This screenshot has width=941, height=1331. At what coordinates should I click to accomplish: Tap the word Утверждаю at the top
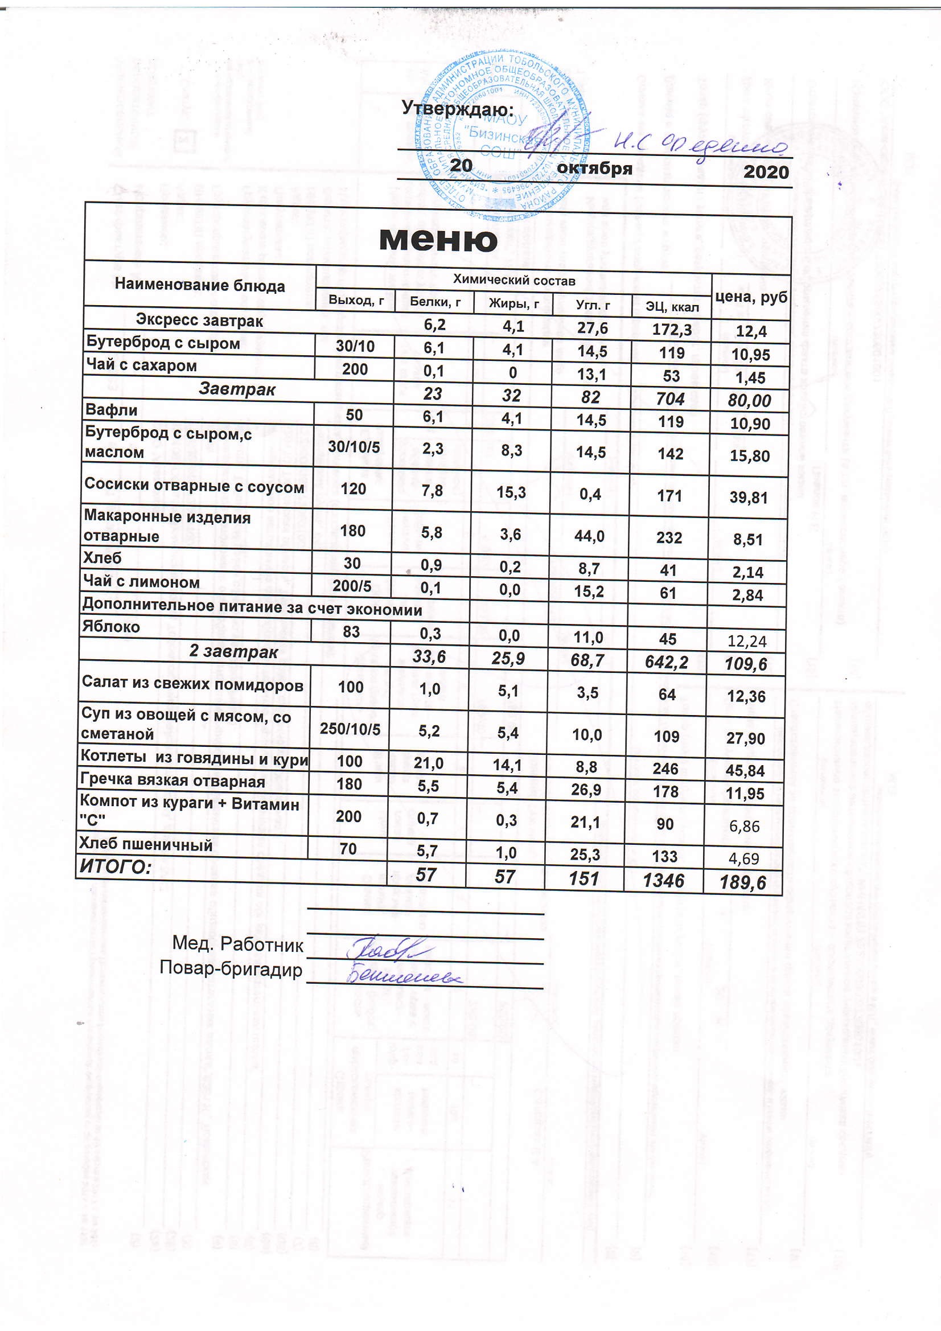click(458, 108)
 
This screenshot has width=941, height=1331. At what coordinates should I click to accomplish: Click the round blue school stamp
click(502, 135)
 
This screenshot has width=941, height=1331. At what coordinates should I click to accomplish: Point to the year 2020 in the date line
click(766, 172)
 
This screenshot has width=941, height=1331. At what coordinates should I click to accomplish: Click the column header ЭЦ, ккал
click(672, 307)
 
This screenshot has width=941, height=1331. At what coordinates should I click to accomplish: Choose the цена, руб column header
click(751, 297)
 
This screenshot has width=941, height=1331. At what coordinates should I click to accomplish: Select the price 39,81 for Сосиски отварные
click(749, 498)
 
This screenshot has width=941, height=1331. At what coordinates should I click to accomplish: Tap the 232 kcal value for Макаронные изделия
click(669, 537)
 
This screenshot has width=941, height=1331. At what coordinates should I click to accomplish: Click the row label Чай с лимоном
click(142, 582)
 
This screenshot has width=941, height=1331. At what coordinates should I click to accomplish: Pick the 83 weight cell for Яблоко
click(351, 631)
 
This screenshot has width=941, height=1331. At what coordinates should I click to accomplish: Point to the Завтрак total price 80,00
click(749, 401)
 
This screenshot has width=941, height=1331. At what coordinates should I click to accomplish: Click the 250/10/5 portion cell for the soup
click(350, 729)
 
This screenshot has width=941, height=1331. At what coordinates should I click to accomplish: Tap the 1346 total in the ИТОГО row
click(663, 881)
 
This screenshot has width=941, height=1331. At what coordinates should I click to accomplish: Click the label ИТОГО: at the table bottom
click(116, 866)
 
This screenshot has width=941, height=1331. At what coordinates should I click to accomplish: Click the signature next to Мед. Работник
click(385, 948)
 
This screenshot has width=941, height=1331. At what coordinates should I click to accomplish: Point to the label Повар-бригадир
click(231, 969)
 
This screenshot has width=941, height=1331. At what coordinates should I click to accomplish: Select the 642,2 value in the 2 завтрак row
click(666, 662)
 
